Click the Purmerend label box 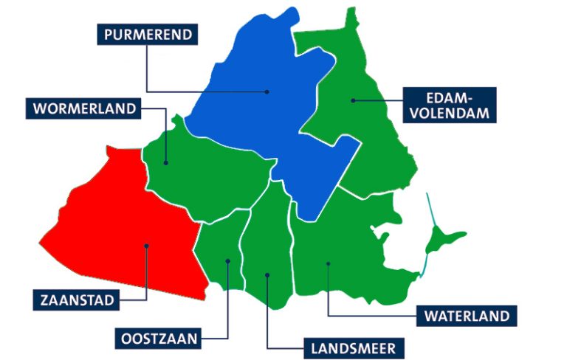[x=148, y=35]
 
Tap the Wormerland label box [x=85, y=108]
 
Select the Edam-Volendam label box [x=450, y=104]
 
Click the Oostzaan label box [x=159, y=339]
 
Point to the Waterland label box [x=467, y=316]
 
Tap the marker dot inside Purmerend [x=267, y=92]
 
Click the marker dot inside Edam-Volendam [x=354, y=100]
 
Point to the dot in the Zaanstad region [x=147, y=246]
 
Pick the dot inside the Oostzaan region [x=227, y=261]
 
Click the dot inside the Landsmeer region [x=267, y=275]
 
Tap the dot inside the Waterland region [x=328, y=263]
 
